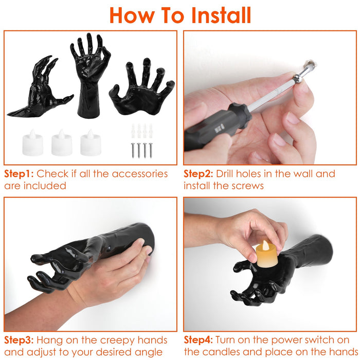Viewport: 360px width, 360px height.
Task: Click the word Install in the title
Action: pyautogui.click(x=221, y=15)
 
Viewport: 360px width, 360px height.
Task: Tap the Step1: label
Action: pyautogui.click(x=19, y=174)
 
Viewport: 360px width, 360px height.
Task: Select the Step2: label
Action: pyautogui.click(x=199, y=174)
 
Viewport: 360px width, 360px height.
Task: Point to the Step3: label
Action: pyautogui.click(x=19, y=340)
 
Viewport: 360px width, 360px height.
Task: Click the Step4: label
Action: pyautogui.click(x=199, y=340)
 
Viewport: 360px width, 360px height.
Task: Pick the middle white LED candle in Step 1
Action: pyautogui.click(x=62, y=142)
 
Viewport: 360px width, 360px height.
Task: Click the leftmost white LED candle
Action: pyautogui.click(x=32, y=142)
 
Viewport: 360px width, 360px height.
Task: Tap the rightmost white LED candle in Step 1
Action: pyautogui.click(x=91, y=142)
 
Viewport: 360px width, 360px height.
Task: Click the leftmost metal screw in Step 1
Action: pyautogui.click(x=133, y=150)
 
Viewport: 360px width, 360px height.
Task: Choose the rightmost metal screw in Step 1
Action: pyautogui.click(x=151, y=150)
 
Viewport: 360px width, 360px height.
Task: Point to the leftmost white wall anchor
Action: pyautogui.click(x=133, y=131)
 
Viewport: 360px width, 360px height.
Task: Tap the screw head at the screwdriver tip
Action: pyautogui.click(x=298, y=78)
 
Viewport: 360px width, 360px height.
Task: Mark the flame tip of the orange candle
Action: pyautogui.click(x=265, y=241)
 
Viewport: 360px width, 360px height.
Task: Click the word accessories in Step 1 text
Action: pyautogui.click(x=140, y=174)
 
